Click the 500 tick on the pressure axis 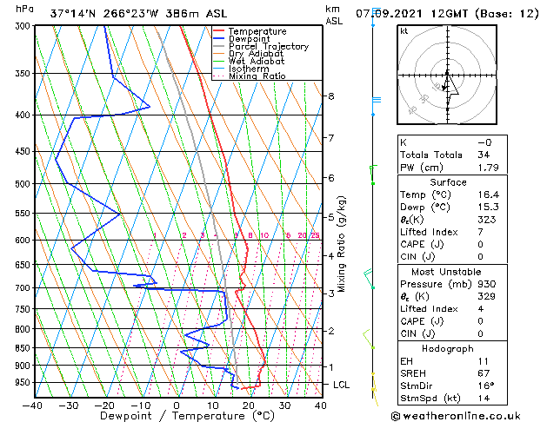19,184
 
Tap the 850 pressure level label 19,348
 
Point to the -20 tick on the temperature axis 104,405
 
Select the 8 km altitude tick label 331,96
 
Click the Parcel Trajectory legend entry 268,47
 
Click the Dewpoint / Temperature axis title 177,416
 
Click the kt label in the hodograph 404,31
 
